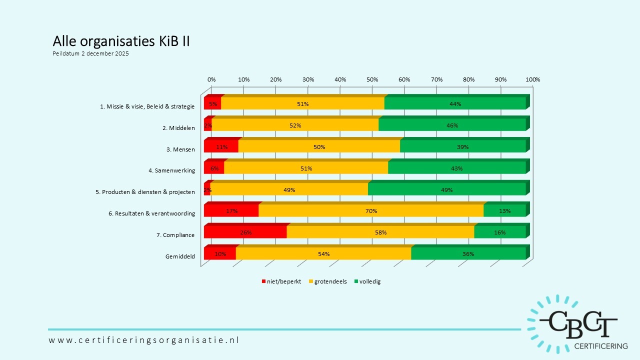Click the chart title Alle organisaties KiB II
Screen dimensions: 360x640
click(x=121, y=41)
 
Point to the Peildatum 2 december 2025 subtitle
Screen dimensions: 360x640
click(x=90, y=54)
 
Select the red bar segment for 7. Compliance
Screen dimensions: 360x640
click(x=245, y=232)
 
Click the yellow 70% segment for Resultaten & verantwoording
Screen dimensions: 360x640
click(x=371, y=211)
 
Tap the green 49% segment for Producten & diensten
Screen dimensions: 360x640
click(x=446, y=189)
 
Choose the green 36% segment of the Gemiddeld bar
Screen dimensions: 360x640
click(x=468, y=254)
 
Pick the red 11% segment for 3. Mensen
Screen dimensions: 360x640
click(x=221, y=146)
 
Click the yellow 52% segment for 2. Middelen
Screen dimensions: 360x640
click(x=295, y=125)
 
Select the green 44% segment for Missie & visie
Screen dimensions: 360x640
click(x=455, y=103)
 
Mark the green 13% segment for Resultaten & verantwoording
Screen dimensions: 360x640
click(x=504, y=211)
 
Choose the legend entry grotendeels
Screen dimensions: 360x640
click(x=330, y=281)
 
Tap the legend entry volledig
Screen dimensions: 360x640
click(x=369, y=281)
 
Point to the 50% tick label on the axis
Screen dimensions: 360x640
click(x=372, y=79)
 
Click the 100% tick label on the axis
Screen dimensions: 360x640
click(x=533, y=79)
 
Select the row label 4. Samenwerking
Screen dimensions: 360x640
click(x=171, y=170)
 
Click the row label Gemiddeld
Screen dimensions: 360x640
click(x=180, y=256)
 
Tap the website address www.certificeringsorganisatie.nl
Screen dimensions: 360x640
click(x=144, y=340)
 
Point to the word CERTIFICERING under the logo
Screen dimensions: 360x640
click(x=600, y=346)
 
